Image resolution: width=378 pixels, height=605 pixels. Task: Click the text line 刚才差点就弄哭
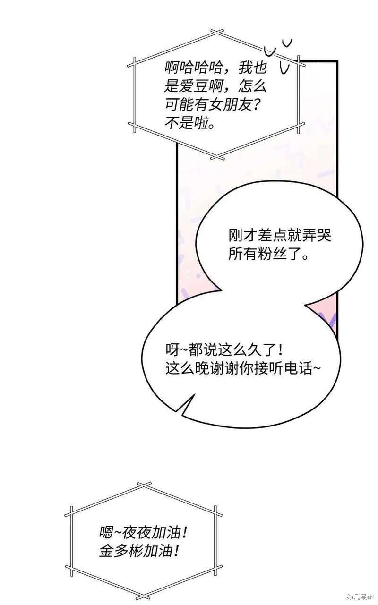(x=280, y=236)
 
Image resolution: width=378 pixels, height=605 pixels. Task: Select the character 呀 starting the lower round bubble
(x=172, y=350)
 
